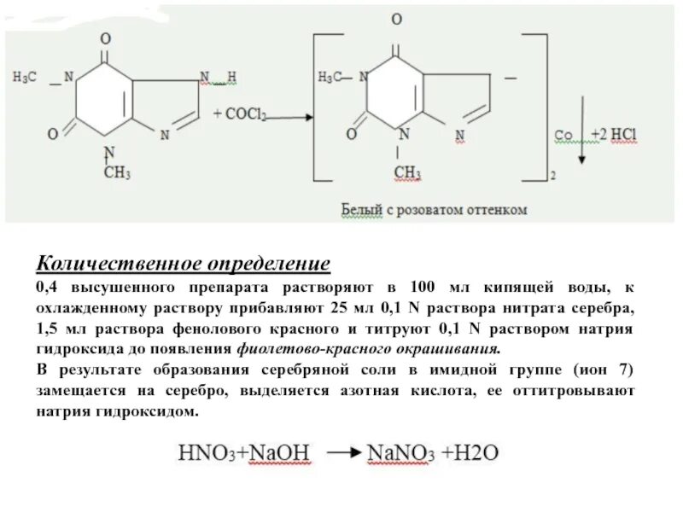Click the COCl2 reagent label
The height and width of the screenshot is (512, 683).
click(244, 114)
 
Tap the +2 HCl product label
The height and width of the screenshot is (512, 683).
click(614, 135)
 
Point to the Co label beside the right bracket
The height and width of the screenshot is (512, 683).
click(563, 135)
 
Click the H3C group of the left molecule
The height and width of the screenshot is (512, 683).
click(25, 78)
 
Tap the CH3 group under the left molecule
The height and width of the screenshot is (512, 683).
click(117, 173)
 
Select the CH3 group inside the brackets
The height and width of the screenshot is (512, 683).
click(407, 173)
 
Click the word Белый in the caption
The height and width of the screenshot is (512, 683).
click(361, 208)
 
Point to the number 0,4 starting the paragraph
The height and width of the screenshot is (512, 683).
click(47, 286)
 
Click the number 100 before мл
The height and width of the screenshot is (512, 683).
click(423, 286)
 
